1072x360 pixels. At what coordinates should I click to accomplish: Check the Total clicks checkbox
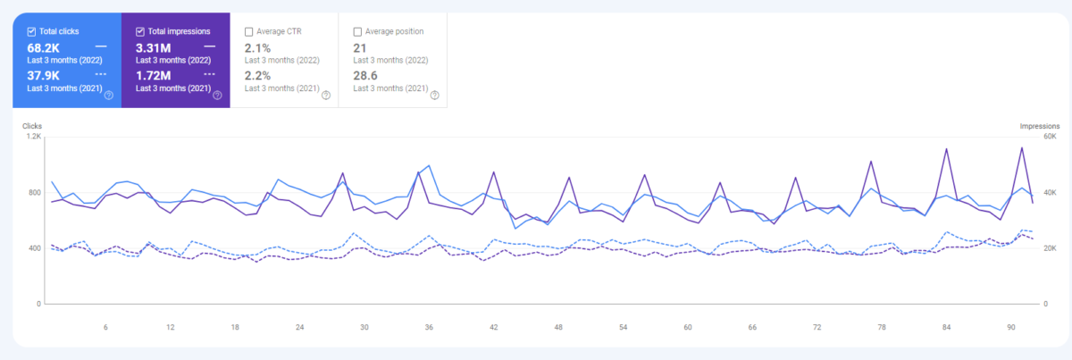[31, 31]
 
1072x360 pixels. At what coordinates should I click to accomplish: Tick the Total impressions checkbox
[140, 31]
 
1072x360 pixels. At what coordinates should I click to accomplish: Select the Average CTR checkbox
[249, 31]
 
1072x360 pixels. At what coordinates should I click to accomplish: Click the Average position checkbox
[357, 31]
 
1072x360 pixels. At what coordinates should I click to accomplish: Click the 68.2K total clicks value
[44, 48]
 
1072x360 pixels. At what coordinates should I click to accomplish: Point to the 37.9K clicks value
[44, 76]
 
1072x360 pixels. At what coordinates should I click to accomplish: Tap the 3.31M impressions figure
[153, 48]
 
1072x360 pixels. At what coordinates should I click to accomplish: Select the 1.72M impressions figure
[153, 76]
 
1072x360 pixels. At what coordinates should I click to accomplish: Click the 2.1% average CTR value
[257, 48]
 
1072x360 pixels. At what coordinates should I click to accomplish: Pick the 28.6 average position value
[365, 76]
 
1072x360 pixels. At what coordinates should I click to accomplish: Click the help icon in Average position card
[434, 96]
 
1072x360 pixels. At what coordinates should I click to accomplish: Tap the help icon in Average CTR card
[326, 96]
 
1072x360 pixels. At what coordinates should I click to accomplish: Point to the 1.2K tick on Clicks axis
[34, 137]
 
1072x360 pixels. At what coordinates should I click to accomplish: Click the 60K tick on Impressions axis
[1050, 137]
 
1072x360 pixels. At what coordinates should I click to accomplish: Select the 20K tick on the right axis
[1050, 248]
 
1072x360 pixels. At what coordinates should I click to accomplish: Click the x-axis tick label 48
[558, 328]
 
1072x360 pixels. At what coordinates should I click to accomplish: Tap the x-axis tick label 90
[1010, 328]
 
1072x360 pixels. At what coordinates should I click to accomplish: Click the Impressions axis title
[1040, 126]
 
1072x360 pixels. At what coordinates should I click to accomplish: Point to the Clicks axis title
[32, 126]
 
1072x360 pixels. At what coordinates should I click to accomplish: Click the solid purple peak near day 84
[946, 149]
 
